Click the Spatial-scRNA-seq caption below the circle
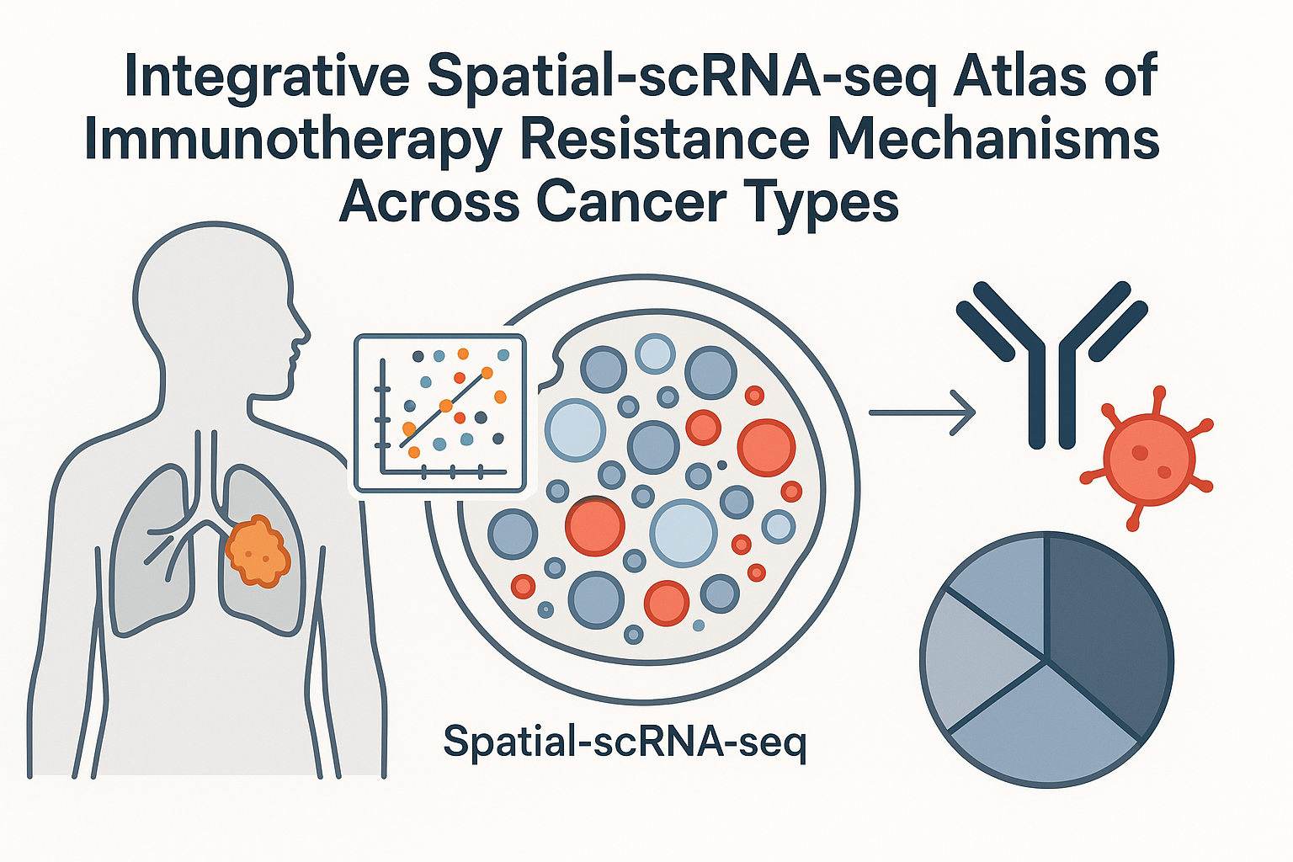pos(625,741)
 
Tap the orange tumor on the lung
pos(258,551)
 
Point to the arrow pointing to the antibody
pos(922,412)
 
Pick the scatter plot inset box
pos(440,412)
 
